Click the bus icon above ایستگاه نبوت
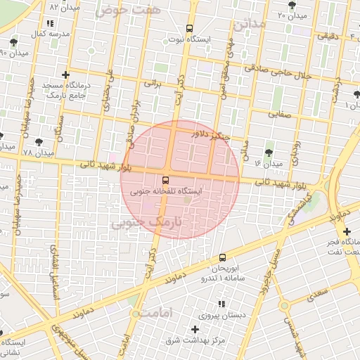[188, 29]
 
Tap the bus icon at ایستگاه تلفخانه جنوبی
[165, 180]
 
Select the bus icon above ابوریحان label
[222, 258]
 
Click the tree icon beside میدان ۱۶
[269, 152]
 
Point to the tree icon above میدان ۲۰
[292, 6]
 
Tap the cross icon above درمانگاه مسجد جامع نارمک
[66, 75]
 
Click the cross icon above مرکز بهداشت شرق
[195, 329]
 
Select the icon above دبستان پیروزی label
[222, 304]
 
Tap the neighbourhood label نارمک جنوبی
[147, 223]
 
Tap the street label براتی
[153, 83]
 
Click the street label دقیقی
[328, 35]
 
